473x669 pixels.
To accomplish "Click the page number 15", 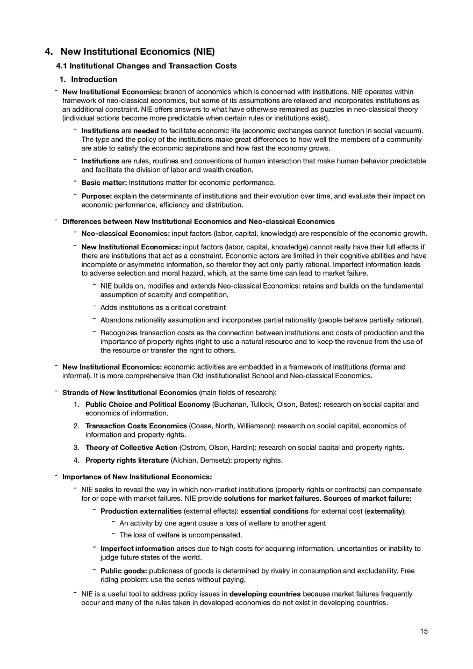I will [x=424, y=631].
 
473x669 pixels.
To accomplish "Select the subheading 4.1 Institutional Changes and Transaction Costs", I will [x=146, y=66].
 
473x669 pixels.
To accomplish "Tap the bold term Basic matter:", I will [x=104, y=183].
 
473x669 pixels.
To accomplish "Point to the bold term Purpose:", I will [x=96, y=196].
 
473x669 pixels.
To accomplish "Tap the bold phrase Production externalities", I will [x=141, y=511].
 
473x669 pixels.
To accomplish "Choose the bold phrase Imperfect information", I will [x=137, y=549].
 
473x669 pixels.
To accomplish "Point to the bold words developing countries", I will [x=265, y=594].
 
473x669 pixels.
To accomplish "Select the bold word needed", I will [x=146, y=131].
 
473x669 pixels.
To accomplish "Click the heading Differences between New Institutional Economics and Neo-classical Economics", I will [x=198, y=221].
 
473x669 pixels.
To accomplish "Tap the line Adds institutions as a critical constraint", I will [x=163, y=308].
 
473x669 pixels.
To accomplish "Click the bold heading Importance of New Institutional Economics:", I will [x=137, y=477].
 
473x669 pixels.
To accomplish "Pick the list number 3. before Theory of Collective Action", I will [x=77, y=448].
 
